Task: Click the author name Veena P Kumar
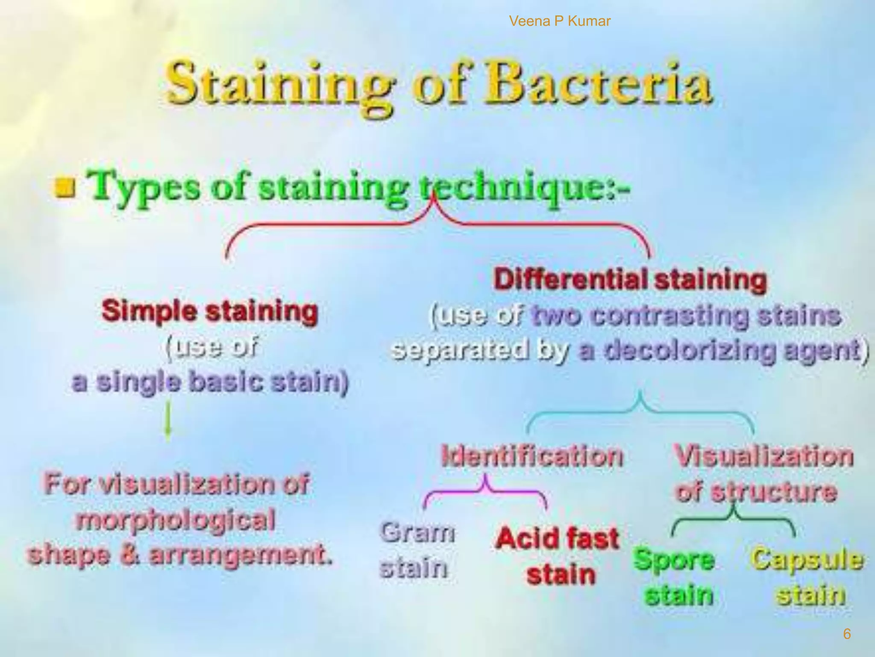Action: click(x=560, y=21)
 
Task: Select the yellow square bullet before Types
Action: click(x=65, y=188)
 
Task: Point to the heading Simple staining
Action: click(x=210, y=311)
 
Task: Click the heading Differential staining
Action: click(x=630, y=280)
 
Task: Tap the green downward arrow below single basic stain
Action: click(x=168, y=421)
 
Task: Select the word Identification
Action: click(x=532, y=456)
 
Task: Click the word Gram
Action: click(x=417, y=533)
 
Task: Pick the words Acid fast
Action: click(x=558, y=538)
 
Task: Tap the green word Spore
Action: click(x=674, y=559)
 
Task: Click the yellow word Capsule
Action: click(x=807, y=559)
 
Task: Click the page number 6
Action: click(x=846, y=634)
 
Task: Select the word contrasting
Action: click(x=671, y=316)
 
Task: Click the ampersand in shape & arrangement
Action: click(x=129, y=555)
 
